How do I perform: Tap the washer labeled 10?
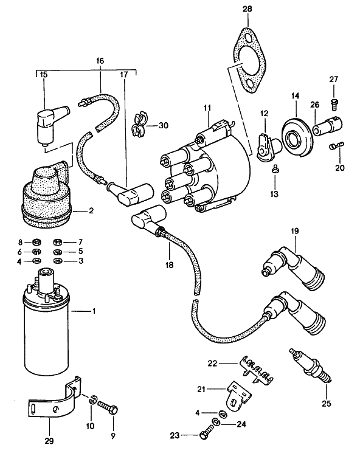[92, 401]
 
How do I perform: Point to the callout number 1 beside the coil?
[94, 312]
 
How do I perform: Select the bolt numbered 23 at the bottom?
[206, 435]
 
